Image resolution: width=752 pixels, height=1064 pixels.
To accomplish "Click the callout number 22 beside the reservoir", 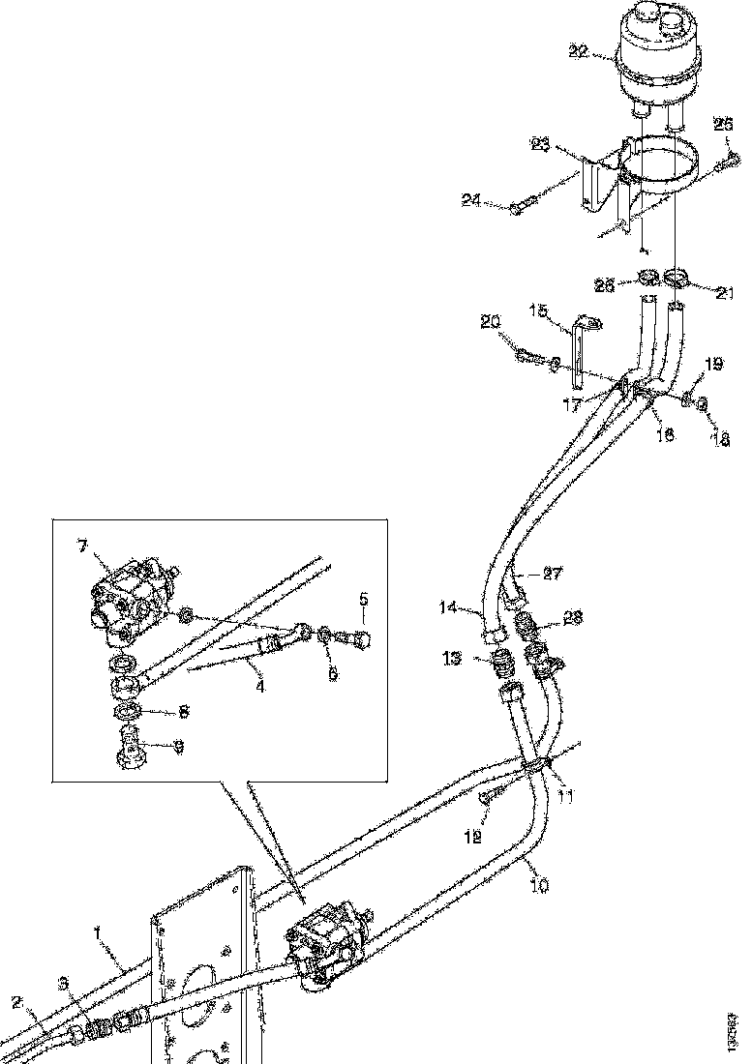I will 578,52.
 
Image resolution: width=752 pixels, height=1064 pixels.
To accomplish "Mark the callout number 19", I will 714,365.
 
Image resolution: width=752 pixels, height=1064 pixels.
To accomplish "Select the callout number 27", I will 553,574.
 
